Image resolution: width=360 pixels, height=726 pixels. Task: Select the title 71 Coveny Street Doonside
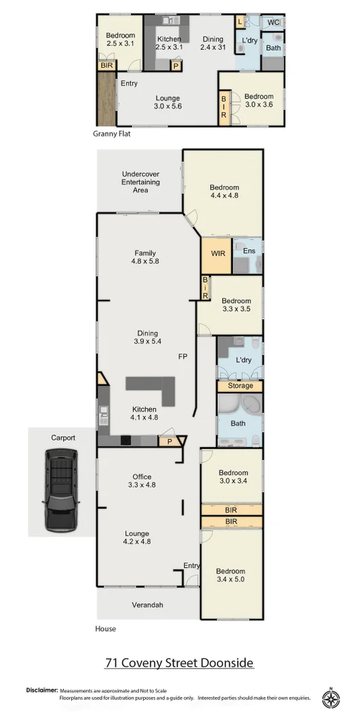click(179, 662)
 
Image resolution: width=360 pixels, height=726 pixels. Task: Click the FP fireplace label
click(183, 356)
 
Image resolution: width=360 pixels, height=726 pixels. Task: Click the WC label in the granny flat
click(273, 23)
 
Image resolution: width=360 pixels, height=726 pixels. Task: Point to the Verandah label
click(147, 605)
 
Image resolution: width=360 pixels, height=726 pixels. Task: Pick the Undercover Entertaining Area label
click(140, 182)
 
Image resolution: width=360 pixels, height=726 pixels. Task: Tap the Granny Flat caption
click(111, 134)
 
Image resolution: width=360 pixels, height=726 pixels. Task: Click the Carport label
click(63, 438)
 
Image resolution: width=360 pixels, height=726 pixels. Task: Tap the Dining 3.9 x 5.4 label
click(147, 337)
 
